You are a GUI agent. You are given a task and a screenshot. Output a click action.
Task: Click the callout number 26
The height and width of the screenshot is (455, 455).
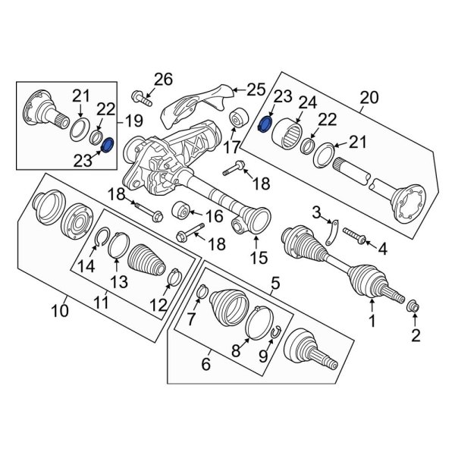click(163, 79)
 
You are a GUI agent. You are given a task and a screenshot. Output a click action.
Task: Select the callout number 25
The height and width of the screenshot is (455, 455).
click(256, 89)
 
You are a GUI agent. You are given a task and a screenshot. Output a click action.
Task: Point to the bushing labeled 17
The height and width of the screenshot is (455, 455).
click(239, 119)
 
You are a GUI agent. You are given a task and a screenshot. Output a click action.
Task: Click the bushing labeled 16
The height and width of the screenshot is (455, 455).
click(181, 210)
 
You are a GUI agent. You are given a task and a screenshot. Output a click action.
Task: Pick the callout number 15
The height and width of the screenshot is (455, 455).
click(259, 257)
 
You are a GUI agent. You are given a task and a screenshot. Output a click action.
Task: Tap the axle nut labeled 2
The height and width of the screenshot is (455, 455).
click(414, 306)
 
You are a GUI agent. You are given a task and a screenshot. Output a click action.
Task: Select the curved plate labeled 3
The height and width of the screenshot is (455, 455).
click(332, 233)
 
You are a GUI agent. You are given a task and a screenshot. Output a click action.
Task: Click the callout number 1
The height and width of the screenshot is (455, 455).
click(372, 321)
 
